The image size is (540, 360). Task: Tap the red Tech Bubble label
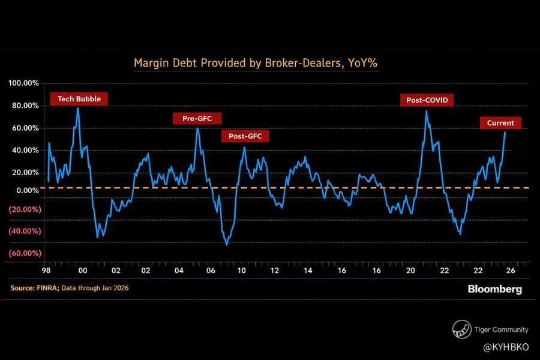[x=79, y=98]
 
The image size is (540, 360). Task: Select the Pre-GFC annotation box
[x=197, y=118]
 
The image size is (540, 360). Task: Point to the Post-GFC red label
[x=245, y=136]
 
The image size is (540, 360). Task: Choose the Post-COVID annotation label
[x=427, y=100]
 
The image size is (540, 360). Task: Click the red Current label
[x=500, y=123]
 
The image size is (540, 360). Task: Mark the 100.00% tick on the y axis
[x=24, y=83]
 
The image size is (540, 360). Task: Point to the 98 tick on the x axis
[x=46, y=271]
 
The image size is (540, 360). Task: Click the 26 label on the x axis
[x=510, y=271]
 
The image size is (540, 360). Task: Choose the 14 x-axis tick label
[x=308, y=271]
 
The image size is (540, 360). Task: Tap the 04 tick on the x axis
[x=179, y=271]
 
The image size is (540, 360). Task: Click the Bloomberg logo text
[x=494, y=289]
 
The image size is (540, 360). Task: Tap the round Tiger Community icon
[x=461, y=329]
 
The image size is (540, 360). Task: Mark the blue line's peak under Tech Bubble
[x=77, y=109]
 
